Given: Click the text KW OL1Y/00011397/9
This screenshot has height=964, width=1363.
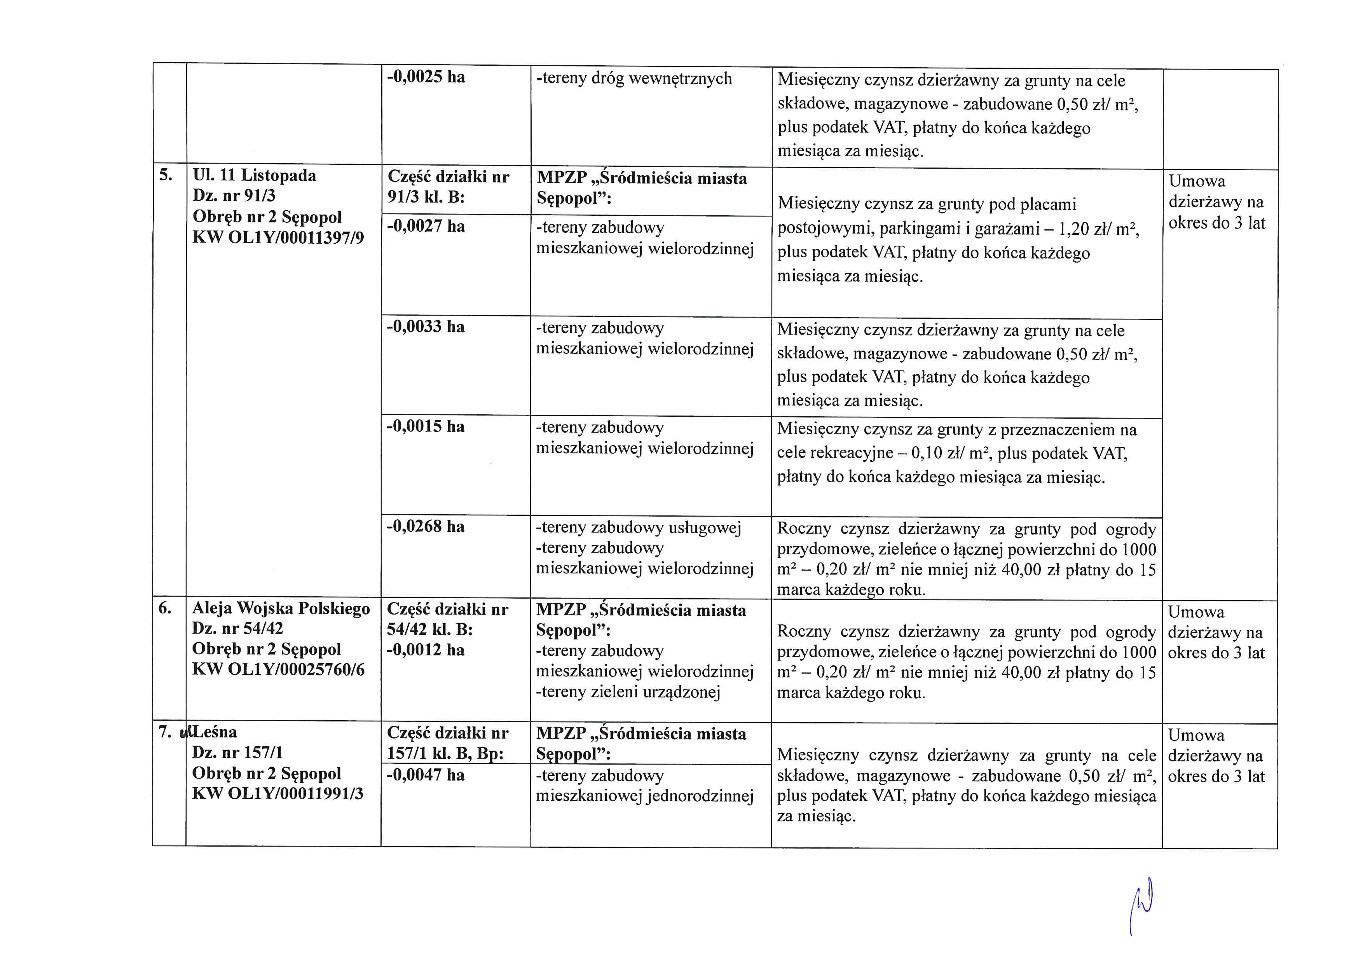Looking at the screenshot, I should pos(278,238).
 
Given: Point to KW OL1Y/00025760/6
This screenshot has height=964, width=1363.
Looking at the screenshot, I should pos(278,670).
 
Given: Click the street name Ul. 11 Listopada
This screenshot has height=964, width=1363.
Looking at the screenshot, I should pos(255,176).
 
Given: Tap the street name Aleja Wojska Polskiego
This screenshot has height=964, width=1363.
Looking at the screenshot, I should pos(281,608).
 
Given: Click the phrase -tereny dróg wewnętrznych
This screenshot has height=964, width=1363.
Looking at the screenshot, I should pos(634,79).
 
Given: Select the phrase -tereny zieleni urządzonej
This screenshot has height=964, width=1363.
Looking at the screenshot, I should pos(628,692).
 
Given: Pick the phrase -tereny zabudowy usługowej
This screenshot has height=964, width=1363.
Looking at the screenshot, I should pos(639,527).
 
